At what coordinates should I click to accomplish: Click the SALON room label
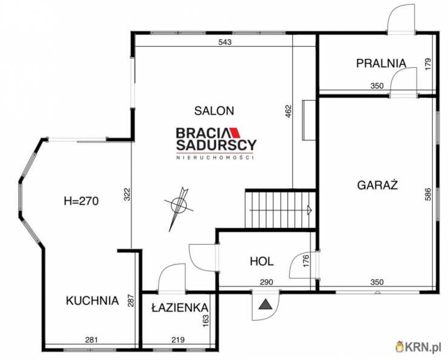(x=214, y=111)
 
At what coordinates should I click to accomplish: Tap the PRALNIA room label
(x=381, y=63)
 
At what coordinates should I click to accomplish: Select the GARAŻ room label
(x=377, y=185)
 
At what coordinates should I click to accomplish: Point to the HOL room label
(x=262, y=261)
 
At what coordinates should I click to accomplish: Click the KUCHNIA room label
(x=92, y=301)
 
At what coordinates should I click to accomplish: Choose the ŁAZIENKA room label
(x=180, y=307)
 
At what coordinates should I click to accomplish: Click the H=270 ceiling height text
(x=82, y=201)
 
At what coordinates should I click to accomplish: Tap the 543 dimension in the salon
(x=225, y=42)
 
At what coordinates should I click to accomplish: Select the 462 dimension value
(x=289, y=111)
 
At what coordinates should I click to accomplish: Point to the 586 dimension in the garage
(x=427, y=194)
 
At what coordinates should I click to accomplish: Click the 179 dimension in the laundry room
(x=427, y=65)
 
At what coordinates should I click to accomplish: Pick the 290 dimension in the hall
(x=266, y=282)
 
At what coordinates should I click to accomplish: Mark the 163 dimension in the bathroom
(x=205, y=321)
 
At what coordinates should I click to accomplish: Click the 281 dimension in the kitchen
(x=91, y=339)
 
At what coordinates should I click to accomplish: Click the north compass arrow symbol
(x=179, y=208)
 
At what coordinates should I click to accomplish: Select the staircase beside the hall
(x=280, y=209)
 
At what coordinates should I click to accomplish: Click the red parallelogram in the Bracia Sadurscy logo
(x=236, y=133)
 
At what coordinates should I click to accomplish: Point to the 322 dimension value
(x=127, y=194)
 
